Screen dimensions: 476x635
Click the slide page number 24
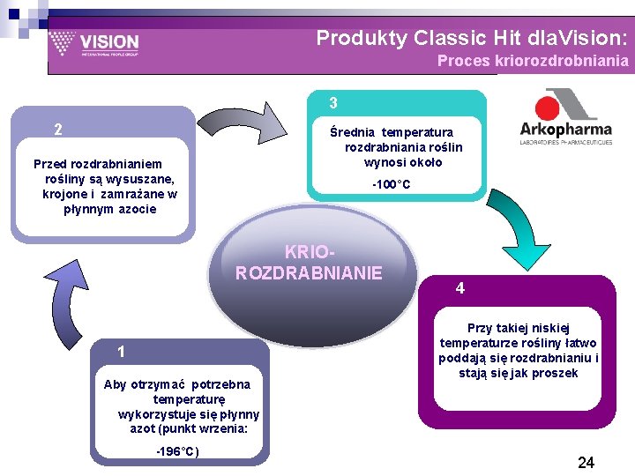(x=586, y=462)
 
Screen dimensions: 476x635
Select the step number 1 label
(x=122, y=353)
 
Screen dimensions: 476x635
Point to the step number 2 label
(x=57, y=130)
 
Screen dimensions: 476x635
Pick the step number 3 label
(x=333, y=103)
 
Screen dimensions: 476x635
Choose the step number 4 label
(x=459, y=288)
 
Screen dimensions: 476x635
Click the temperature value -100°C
(x=390, y=184)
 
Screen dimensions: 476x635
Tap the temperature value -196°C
(x=177, y=452)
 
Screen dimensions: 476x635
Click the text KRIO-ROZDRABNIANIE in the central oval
(x=309, y=262)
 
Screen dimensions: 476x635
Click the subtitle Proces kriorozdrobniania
(x=533, y=61)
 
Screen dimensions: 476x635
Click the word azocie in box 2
(x=137, y=209)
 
